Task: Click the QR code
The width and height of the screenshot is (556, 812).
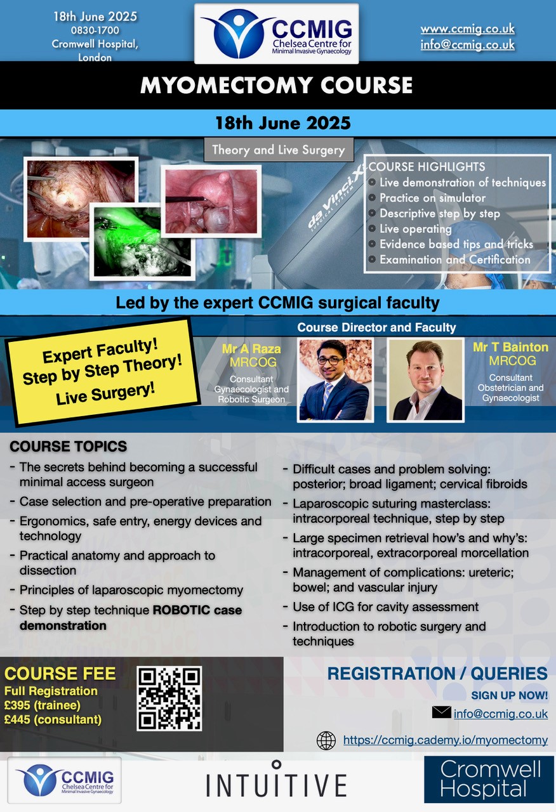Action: point(169,698)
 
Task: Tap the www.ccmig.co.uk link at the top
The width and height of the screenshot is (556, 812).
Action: point(468,29)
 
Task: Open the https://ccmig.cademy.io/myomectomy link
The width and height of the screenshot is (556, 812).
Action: point(446,740)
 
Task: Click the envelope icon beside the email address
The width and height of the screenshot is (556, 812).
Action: point(441,712)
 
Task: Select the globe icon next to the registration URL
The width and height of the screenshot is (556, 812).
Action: point(326,740)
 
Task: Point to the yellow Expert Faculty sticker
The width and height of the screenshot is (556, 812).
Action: point(102,372)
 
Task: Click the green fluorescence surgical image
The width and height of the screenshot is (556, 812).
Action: point(142,242)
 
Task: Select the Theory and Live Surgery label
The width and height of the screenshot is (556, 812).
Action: point(279,150)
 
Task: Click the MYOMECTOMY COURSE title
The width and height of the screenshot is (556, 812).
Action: point(276,85)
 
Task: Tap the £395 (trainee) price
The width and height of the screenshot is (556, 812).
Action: point(43,705)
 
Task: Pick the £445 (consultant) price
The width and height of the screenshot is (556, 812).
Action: point(53,719)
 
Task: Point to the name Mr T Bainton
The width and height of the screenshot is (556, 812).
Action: point(510,347)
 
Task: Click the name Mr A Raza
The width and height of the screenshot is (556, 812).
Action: point(251,349)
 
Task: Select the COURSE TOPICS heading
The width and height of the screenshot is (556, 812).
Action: point(68,446)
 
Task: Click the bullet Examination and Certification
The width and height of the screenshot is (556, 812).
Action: point(455,259)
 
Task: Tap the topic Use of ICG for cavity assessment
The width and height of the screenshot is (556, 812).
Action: point(385,607)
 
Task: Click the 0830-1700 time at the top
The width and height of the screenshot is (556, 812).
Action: point(95,30)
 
